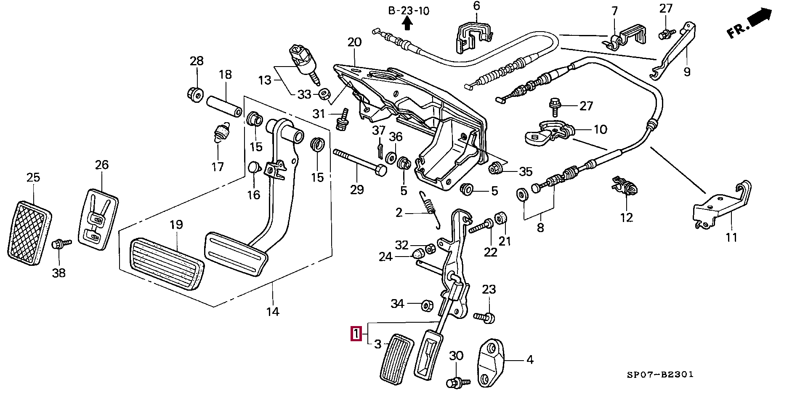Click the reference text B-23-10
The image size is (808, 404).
[x=409, y=11]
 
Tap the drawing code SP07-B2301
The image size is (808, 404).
[x=660, y=375]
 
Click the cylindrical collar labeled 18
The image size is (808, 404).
[x=224, y=107]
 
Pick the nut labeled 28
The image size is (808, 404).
[x=196, y=93]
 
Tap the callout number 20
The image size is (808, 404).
[x=354, y=43]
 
